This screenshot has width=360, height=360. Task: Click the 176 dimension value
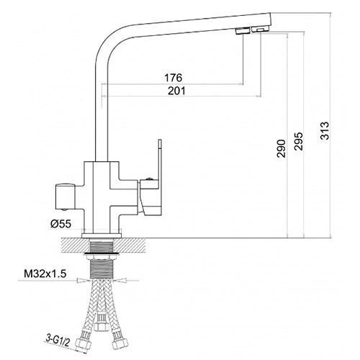click(174, 78)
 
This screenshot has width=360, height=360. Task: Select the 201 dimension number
click(176, 91)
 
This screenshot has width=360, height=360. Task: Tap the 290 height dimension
click(282, 148)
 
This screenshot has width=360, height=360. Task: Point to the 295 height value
click(299, 141)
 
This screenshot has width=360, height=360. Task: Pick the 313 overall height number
click(325, 131)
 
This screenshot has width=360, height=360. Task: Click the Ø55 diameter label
click(61, 224)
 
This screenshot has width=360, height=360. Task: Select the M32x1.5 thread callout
click(45, 274)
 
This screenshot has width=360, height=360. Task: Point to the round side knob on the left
click(66, 196)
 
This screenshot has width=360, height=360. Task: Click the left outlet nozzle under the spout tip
click(243, 31)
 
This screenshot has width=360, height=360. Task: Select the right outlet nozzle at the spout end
click(260, 30)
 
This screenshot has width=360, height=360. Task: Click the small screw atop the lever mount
click(149, 179)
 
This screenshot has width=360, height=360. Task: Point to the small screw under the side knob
click(63, 210)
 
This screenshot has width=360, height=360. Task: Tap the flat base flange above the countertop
click(102, 235)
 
